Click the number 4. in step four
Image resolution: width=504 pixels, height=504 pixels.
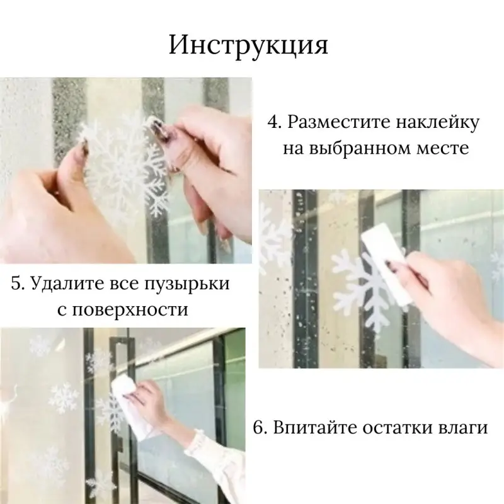[x=275, y=122]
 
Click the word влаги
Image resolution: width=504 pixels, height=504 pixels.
[x=463, y=428]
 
